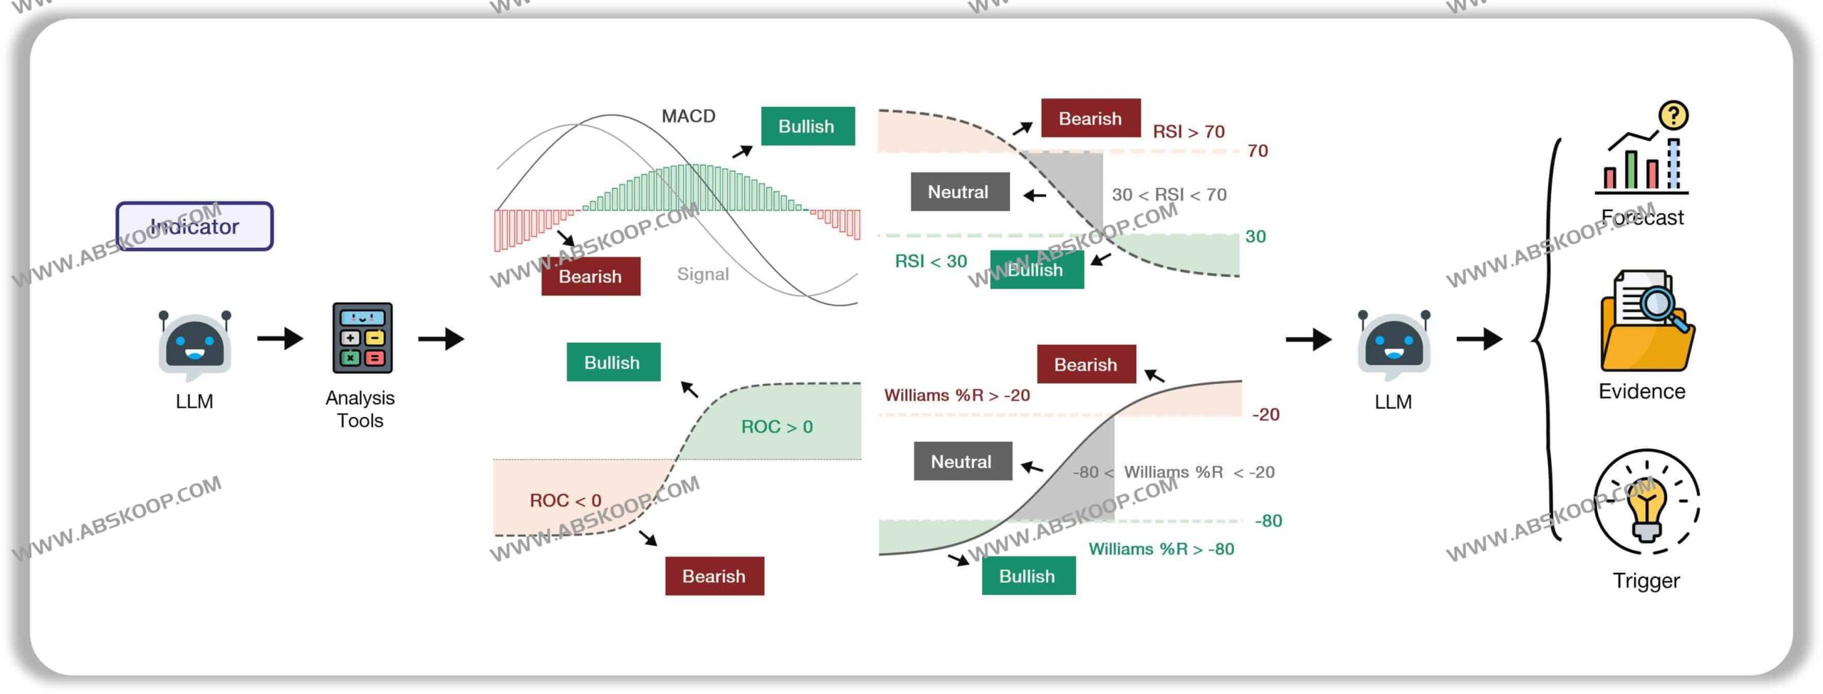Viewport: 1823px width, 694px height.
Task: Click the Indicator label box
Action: coord(194,226)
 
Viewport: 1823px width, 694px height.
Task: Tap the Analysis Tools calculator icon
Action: coord(362,338)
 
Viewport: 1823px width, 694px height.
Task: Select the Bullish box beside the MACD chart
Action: coord(808,126)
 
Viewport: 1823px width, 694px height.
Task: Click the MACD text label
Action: coord(688,115)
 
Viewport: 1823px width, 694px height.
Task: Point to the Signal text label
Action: coord(702,274)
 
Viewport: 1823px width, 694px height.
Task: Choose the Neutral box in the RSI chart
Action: coord(959,192)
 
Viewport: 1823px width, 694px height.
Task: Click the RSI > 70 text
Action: coord(1188,132)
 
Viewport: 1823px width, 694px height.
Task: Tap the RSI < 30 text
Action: coord(930,261)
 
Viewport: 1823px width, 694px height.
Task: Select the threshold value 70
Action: coord(1257,151)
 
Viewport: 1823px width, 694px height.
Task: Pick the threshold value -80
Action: coord(1268,521)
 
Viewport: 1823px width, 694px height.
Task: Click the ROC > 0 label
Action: coord(776,427)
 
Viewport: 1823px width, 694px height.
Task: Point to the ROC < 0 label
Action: coord(565,501)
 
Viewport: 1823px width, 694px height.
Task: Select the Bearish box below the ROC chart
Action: coord(714,576)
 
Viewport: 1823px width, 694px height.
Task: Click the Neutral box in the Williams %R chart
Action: coord(962,462)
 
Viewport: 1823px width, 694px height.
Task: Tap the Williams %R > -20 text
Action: coord(956,395)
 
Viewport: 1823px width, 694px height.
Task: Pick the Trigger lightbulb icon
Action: coord(1646,503)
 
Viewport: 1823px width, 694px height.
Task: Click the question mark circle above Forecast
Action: coord(1673,115)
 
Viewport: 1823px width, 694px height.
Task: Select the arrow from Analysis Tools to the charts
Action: coord(441,338)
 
